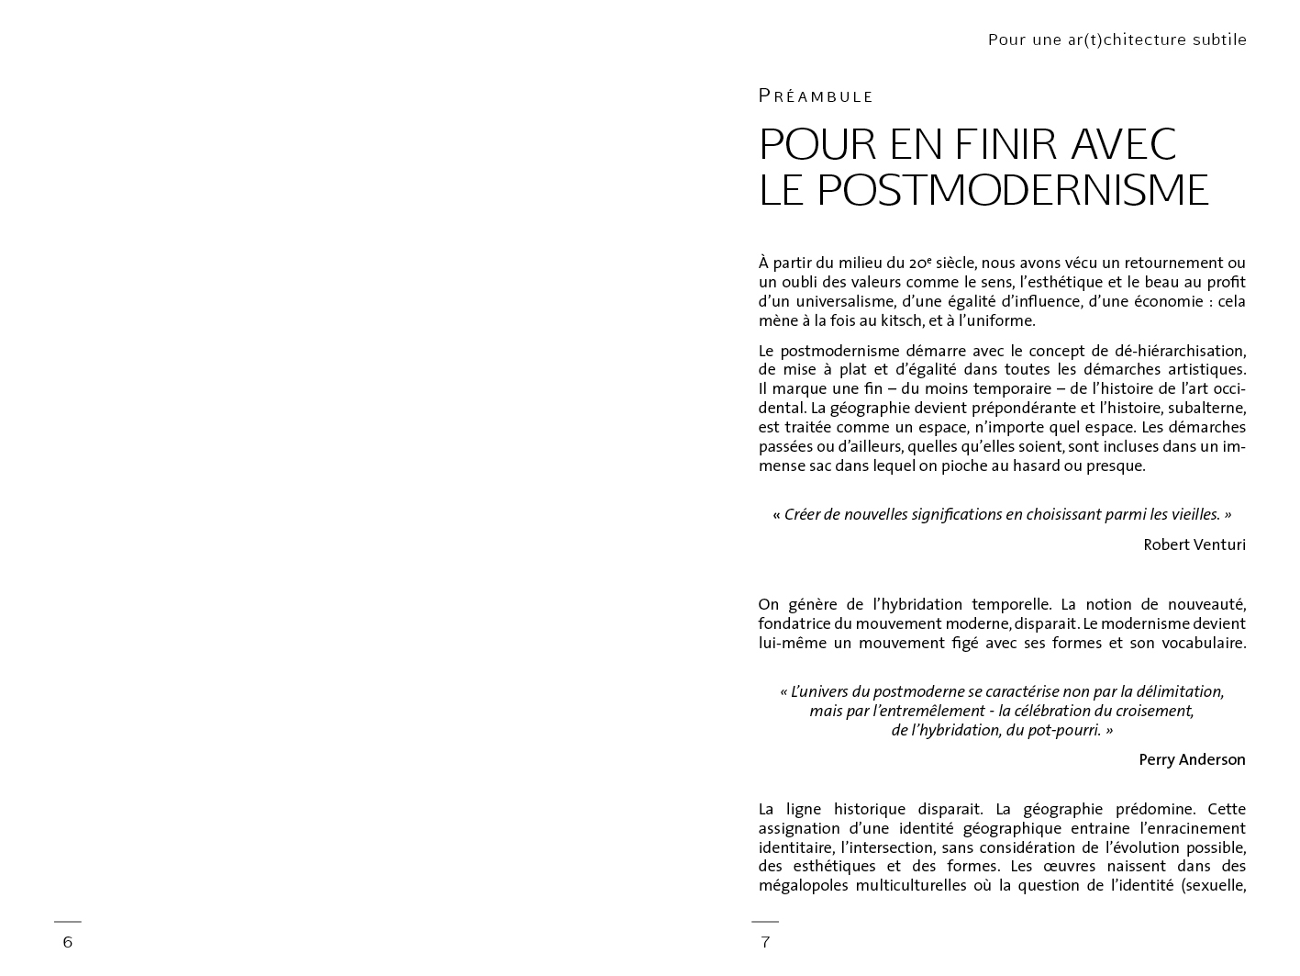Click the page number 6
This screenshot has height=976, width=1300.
(67, 942)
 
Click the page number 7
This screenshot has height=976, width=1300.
(765, 942)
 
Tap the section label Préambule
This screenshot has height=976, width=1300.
(816, 96)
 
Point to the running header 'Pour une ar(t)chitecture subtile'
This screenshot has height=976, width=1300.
(1117, 39)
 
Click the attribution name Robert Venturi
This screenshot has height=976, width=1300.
(1194, 544)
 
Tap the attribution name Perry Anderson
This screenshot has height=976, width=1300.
(1192, 759)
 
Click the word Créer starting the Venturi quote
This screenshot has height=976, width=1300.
(802, 514)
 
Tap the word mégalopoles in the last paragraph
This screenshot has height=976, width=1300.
(803, 885)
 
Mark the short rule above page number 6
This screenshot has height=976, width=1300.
(67, 921)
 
